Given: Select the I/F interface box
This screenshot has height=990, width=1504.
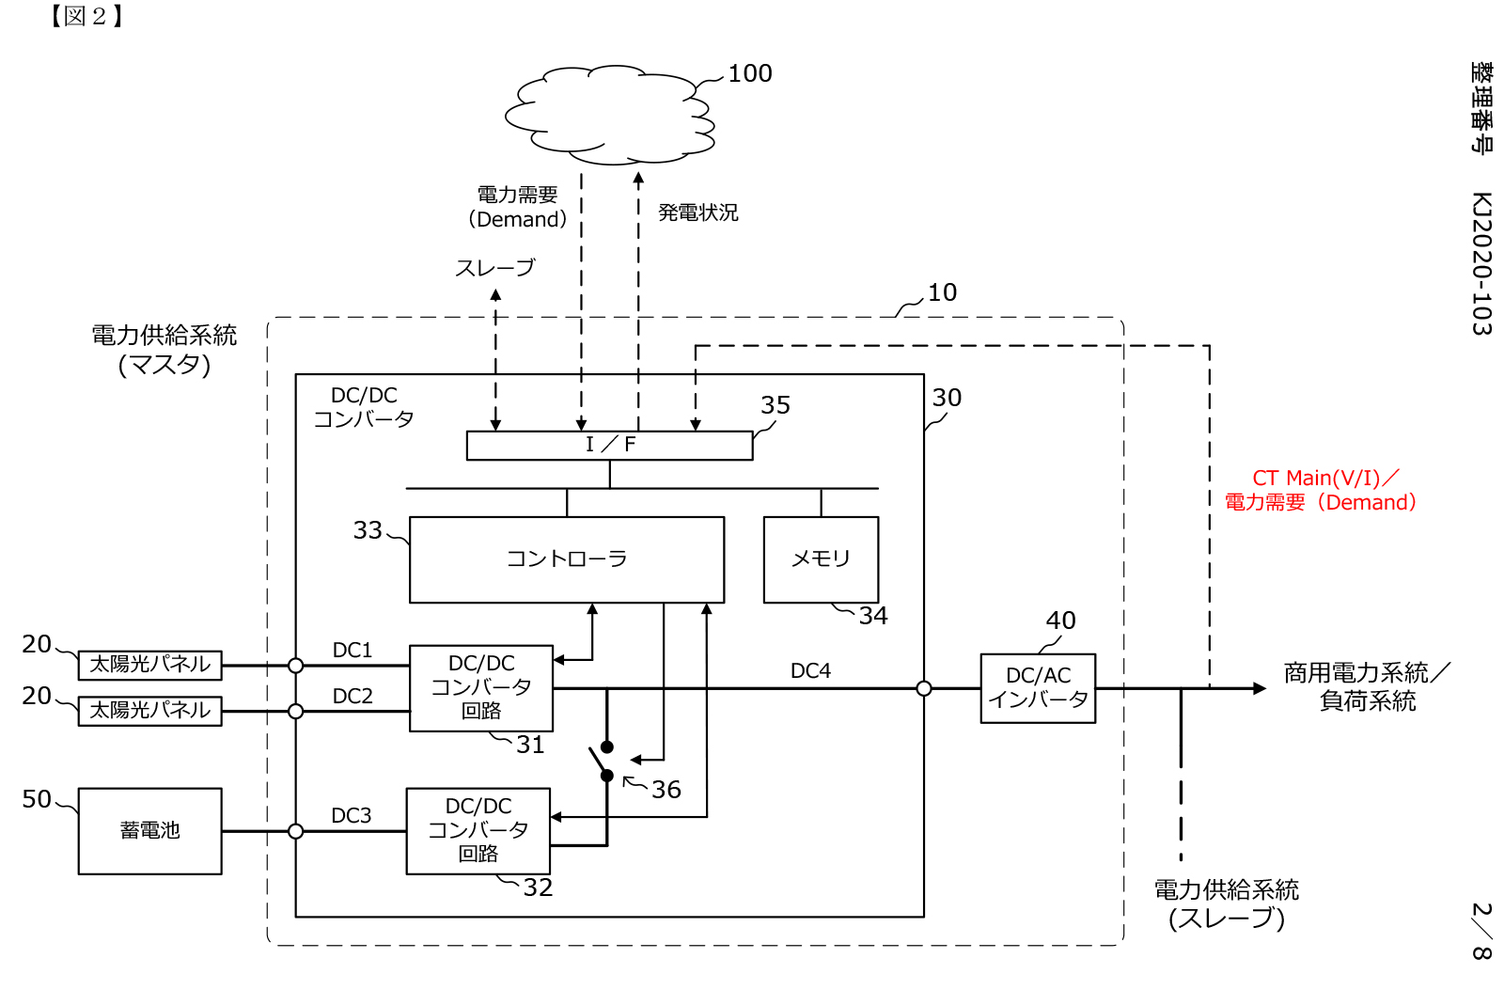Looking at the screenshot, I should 609,445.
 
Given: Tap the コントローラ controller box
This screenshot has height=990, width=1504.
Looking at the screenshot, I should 567,559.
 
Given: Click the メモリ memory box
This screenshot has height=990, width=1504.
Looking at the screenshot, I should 821,559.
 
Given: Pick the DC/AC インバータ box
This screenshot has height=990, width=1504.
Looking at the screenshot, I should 1038,688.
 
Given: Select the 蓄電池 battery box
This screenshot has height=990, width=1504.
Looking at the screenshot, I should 150,831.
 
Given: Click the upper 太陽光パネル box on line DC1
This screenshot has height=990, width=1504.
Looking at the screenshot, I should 150,665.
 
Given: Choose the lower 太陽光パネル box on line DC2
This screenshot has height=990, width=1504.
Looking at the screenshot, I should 150,711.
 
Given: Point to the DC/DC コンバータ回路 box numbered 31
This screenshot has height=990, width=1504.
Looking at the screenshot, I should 481,688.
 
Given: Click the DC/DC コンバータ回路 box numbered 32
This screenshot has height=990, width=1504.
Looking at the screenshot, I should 478,831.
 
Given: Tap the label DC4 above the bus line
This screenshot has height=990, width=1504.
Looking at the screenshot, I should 810,671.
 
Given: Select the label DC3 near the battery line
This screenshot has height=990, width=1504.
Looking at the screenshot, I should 352,816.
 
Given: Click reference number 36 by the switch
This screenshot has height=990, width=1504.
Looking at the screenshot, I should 666,790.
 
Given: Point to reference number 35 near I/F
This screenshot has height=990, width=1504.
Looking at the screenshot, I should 775,405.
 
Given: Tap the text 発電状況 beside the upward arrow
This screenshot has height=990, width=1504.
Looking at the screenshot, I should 698,213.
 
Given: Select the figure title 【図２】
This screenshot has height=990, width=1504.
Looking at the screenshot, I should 86,16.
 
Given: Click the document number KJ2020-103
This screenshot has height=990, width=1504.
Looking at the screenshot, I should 1481,263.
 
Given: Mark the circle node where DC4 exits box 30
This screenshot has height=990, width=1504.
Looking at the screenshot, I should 924,689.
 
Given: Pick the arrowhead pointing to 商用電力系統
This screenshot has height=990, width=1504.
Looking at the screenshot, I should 1260,689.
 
